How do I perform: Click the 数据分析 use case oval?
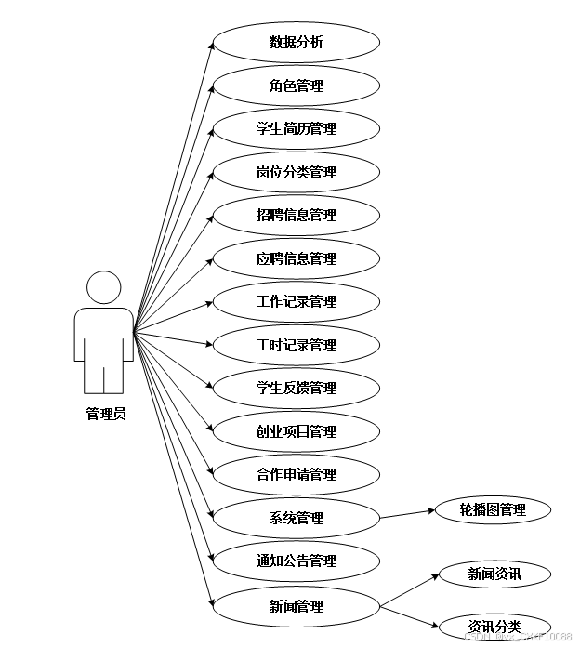pos(297,43)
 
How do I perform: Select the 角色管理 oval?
pos(297,86)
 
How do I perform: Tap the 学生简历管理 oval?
pos(297,129)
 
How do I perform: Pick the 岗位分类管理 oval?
pos(297,172)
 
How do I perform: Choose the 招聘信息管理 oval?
pos(297,216)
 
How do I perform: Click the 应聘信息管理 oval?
pos(297,258)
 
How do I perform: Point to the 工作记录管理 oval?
pos(297,302)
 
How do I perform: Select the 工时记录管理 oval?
pos(297,345)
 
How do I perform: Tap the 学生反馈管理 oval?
pos(297,389)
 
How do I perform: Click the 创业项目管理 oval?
pos(297,431)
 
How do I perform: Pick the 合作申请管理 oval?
pos(297,475)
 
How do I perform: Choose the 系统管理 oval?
pos(297,518)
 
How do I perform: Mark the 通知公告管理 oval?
pos(297,561)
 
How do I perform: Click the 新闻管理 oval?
pos(297,607)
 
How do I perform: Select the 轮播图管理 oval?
pos(493,509)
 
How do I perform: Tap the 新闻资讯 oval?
pos(494,574)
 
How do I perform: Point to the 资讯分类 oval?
pos(494,627)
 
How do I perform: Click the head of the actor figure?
pos(104,287)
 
